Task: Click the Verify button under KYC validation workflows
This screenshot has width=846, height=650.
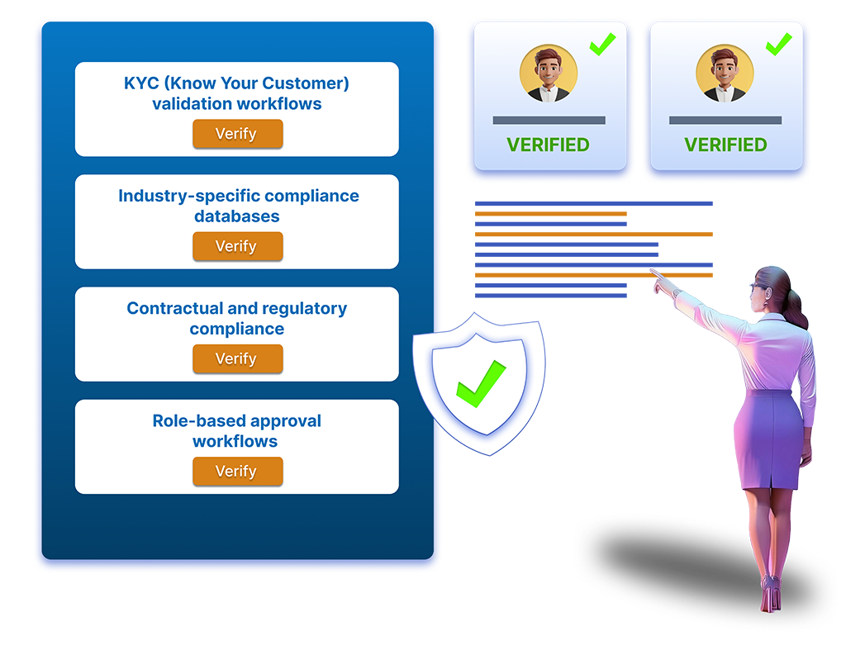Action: coord(237,134)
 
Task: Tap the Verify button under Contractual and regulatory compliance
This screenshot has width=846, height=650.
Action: coord(237,358)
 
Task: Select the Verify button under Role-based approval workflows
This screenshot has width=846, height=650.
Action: coord(237,471)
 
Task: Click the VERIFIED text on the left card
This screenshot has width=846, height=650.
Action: coord(548,145)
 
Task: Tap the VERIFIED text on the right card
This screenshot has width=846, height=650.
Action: coord(725,145)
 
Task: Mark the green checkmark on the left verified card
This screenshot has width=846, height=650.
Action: coord(603,43)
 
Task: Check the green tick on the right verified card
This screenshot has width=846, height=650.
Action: coord(778,43)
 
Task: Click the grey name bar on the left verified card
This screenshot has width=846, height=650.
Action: coord(549,121)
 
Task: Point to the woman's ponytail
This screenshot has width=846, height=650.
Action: coord(794,309)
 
